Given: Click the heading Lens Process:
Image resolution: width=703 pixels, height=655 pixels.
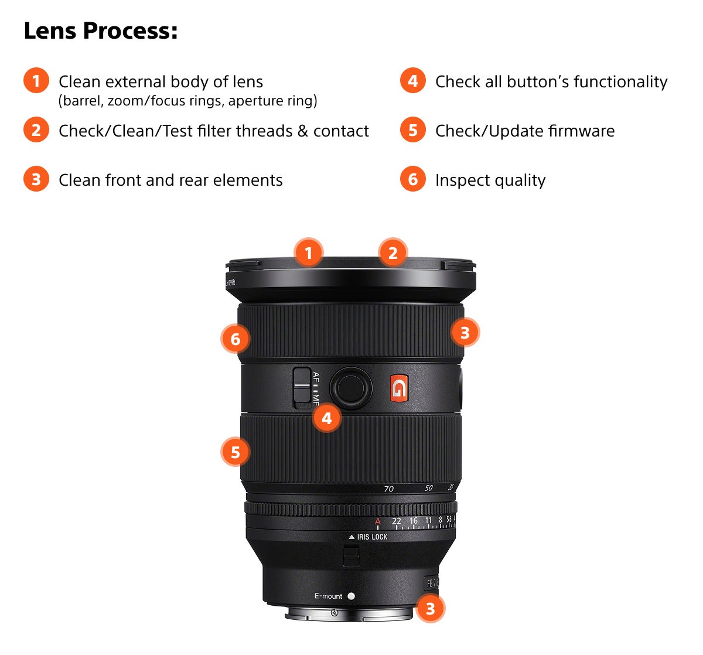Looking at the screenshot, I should (100, 31).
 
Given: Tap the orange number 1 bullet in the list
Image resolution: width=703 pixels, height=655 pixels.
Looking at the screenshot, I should (36, 81).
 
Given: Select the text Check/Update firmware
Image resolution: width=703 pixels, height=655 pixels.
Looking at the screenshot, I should (524, 131).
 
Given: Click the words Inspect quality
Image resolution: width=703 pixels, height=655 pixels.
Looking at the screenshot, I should (490, 180).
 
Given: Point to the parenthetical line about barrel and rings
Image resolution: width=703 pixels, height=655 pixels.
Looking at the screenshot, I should (187, 101).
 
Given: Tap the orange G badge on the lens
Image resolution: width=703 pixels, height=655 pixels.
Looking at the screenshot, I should (399, 388).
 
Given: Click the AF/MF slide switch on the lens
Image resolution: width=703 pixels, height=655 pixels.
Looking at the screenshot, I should (302, 387).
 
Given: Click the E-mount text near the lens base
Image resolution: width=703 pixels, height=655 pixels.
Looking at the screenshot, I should (328, 596).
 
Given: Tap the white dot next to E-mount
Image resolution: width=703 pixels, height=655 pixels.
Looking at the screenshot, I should (351, 596).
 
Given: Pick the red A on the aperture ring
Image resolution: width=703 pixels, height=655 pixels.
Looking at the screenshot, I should (378, 521).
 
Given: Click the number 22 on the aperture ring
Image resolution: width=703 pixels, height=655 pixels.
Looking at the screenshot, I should (397, 521).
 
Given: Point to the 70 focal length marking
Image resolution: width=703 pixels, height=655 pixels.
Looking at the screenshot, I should (388, 489).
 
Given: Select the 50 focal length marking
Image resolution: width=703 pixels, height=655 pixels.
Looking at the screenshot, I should (428, 488).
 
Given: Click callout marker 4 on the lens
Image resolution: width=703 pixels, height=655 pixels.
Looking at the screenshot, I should (326, 418).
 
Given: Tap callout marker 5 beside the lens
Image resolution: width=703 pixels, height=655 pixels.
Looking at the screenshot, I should (235, 452).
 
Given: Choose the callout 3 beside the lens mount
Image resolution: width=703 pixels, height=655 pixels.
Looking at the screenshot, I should (430, 608).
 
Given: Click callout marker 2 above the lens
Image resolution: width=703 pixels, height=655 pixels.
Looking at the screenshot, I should (393, 253).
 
